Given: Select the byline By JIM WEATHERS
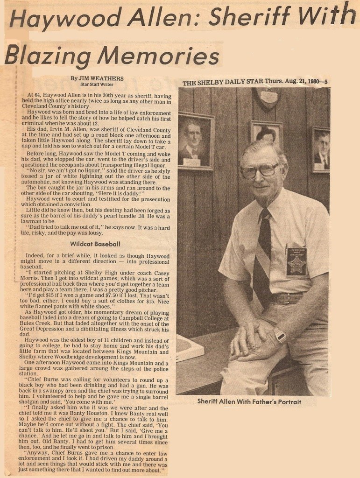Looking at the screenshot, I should point(97,78).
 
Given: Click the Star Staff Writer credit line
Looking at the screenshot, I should point(97,84).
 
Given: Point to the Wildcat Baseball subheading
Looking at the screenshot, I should point(95,244).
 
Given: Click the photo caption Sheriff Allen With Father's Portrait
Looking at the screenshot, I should point(249,401).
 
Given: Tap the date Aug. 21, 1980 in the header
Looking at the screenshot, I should point(299,82).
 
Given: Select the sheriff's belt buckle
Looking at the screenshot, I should point(283,297).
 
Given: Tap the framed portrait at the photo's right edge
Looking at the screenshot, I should point(321,149).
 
